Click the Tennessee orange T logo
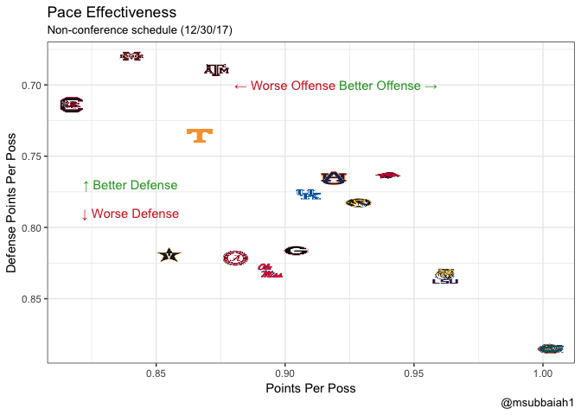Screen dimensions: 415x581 [200, 135]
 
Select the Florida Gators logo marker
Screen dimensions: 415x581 [550, 348]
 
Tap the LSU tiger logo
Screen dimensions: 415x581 [445, 277]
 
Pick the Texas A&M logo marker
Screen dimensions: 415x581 [216, 70]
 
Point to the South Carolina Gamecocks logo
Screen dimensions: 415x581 [71, 105]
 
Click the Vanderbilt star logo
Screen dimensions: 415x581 [169, 255]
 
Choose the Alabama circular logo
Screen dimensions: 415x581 [234, 258]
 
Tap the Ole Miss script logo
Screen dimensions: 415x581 [270, 271]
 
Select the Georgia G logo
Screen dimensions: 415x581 [297, 251]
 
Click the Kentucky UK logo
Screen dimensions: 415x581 [309, 195]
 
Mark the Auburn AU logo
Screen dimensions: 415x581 [333, 178]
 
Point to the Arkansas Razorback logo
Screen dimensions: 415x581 [388, 176]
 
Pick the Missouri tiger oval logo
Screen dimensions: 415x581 [358, 203]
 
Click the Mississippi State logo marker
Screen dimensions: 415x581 [132, 56]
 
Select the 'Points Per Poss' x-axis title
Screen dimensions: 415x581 [310, 389]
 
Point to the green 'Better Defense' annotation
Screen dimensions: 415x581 [130, 186]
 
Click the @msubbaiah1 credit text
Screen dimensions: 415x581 [537, 404]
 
